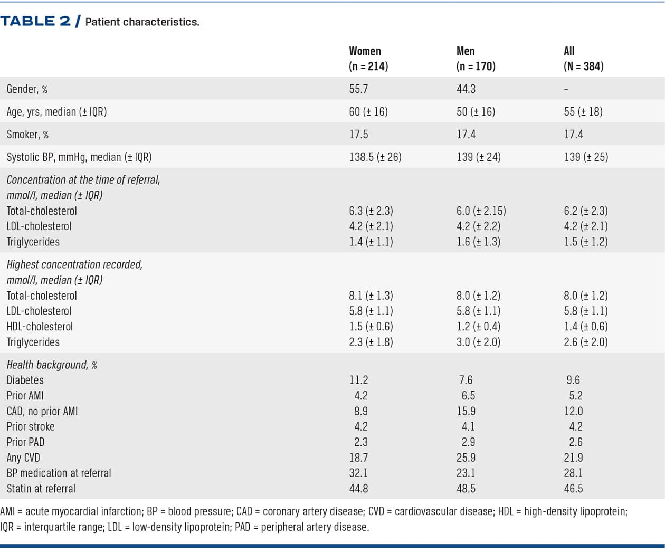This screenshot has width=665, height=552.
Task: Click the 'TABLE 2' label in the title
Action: pyautogui.click(x=35, y=21)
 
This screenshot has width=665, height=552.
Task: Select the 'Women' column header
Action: pyautogui.click(x=365, y=51)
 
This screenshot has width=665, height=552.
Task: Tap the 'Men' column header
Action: pyautogui.click(x=465, y=51)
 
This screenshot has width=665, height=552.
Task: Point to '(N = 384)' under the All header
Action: pyautogui.click(x=583, y=66)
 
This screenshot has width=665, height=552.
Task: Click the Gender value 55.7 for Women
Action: pyautogui.click(x=358, y=89)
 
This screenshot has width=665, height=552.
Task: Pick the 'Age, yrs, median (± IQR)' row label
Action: pyautogui.click(x=56, y=111)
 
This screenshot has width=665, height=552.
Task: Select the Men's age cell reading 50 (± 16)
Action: pyautogui.click(x=476, y=111)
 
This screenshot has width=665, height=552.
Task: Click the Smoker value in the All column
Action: pyautogui.click(x=573, y=134)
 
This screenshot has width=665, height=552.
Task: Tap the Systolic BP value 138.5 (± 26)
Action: pyautogui.click(x=375, y=157)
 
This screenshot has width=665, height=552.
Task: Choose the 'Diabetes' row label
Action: pyautogui.click(x=25, y=380)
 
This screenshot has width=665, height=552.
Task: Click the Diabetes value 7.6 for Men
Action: pyautogui.click(x=465, y=380)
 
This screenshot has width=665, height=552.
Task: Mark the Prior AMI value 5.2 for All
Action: pyautogui.click(x=575, y=395)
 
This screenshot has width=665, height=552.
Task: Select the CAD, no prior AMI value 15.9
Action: pyautogui.click(x=465, y=411)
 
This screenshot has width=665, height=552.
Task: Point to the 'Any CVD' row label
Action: pyautogui.click(x=23, y=458)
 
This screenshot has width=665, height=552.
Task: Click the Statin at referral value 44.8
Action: pyautogui.click(x=358, y=489)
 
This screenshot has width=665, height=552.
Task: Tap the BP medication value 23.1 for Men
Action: pyautogui.click(x=465, y=473)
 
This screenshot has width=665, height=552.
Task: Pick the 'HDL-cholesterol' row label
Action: pyautogui.click(x=40, y=327)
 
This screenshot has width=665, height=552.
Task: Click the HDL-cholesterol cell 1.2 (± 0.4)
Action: pyautogui.click(x=478, y=327)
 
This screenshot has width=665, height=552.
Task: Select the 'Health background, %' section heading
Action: pyautogui.click(x=52, y=365)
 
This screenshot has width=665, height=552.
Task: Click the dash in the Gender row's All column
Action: pyautogui.click(x=566, y=89)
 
